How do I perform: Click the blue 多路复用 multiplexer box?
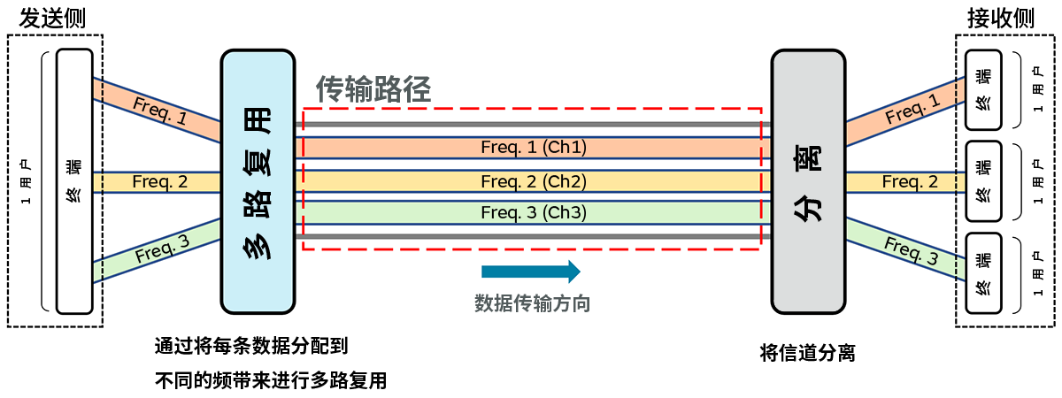click(x=258, y=181)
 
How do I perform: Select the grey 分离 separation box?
click(x=807, y=181)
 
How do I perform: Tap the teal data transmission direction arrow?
click(x=531, y=272)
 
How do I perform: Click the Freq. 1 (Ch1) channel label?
click(x=533, y=146)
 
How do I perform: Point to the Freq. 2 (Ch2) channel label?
click(x=533, y=181)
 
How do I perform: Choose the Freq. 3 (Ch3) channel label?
click(x=533, y=213)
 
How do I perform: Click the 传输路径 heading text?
click(x=373, y=88)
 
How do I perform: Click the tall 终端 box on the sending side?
click(x=74, y=181)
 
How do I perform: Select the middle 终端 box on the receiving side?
click(x=982, y=180)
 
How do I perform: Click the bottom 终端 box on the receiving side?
click(x=982, y=273)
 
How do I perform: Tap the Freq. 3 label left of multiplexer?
click(x=163, y=251)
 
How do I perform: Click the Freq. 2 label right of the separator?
click(x=910, y=182)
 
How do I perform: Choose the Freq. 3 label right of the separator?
click(x=911, y=252)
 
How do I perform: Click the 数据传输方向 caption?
click(x=532, y=303)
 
